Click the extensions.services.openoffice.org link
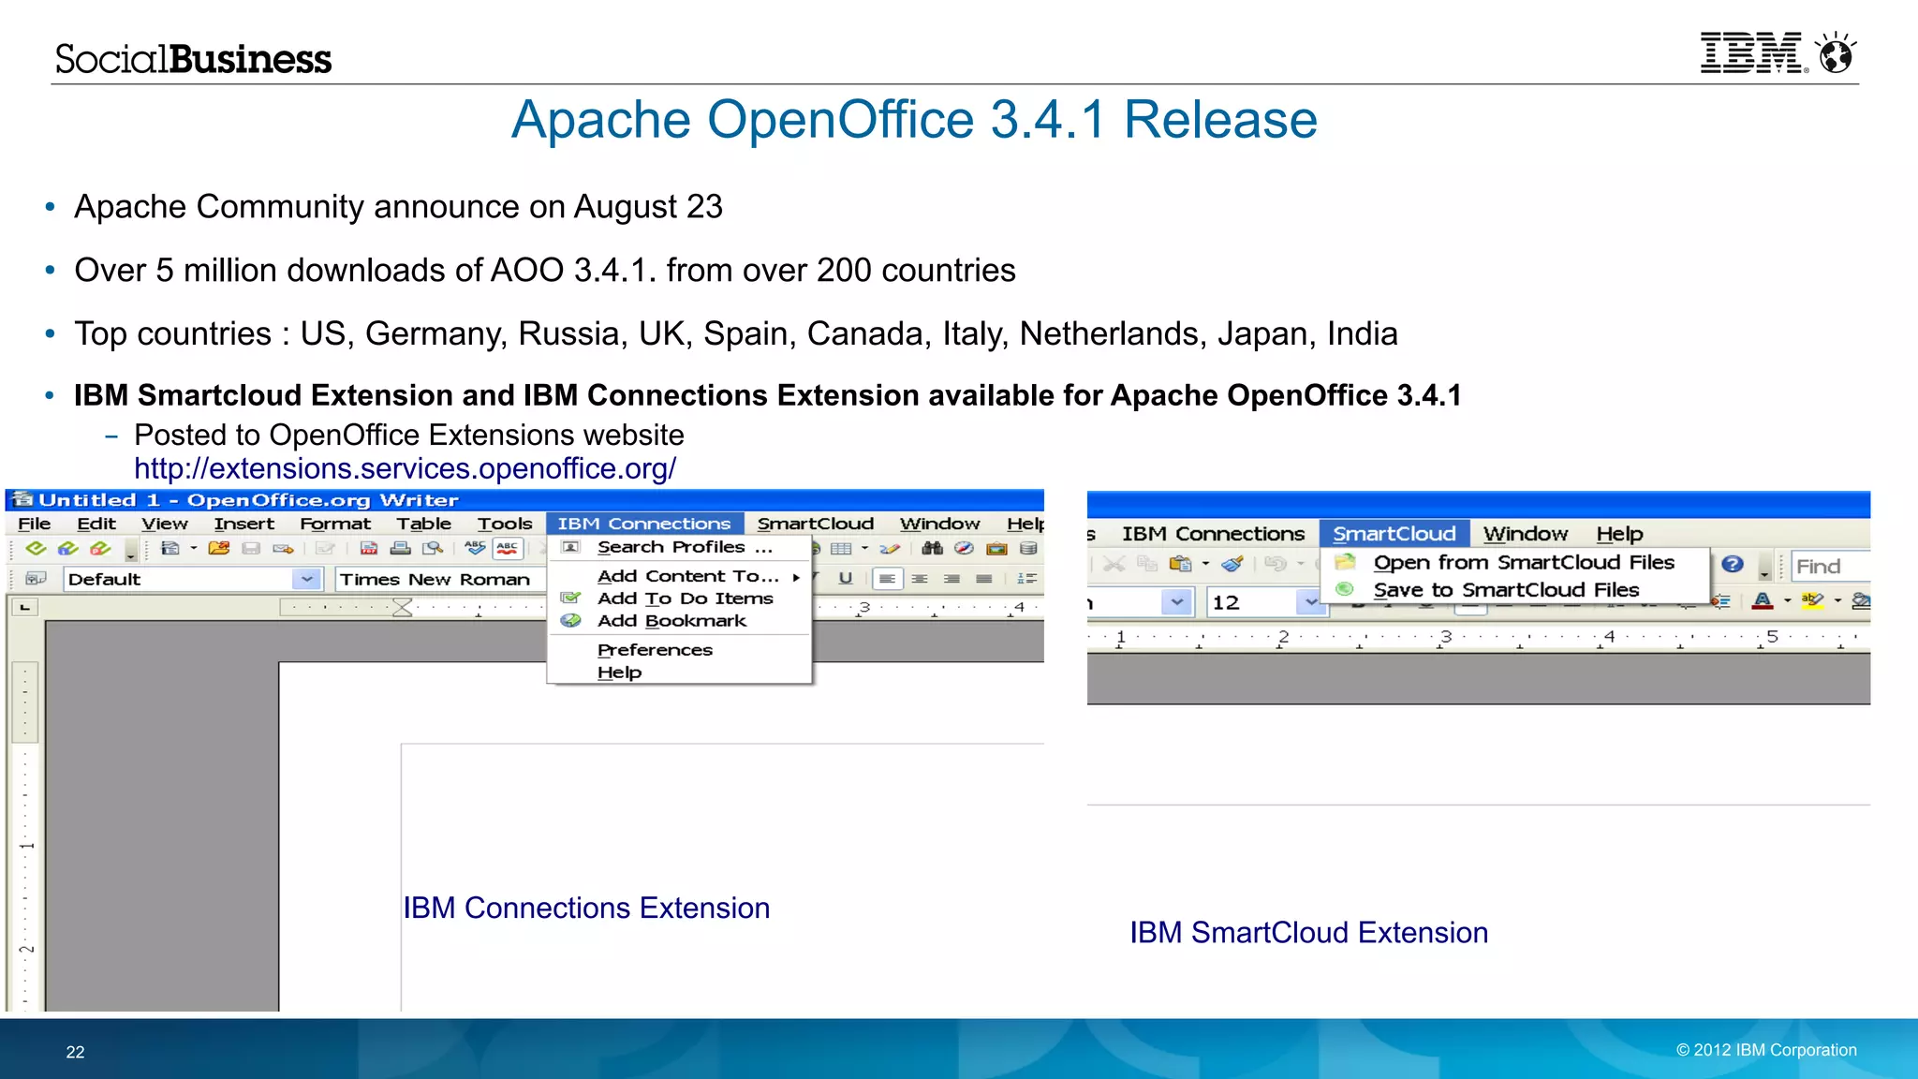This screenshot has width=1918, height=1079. click(405, 468)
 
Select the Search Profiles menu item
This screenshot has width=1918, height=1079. click(684, 547)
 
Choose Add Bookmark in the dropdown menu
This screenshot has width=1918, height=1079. click(671, 621)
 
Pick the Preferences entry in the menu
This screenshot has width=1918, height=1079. click(655, 650)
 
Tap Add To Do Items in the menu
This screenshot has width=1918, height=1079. click(685, 599)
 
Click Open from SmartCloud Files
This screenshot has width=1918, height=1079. click(1523, 562)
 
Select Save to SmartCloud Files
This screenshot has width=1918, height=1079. click(1506, 590)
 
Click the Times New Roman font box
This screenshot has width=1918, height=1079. click(435, 580)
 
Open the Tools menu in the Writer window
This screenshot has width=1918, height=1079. click(504, 524)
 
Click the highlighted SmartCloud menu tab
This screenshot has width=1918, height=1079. click(1394, 534)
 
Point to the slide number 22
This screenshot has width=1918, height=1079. click(75, 1052)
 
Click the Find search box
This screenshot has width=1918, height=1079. click(1830, 566)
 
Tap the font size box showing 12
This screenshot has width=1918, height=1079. click(1250, 602)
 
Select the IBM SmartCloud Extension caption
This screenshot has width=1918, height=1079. click(1308, 933)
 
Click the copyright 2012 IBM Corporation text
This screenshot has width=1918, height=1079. click(1766, 1050)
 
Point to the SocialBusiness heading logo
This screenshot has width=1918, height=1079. click(193, 59)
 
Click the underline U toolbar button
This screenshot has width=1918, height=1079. click(845, 579)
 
